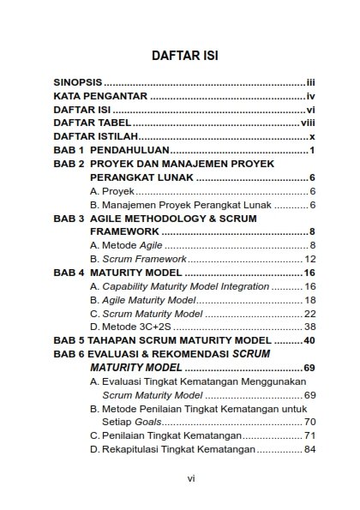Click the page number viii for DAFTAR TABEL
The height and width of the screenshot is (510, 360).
click(x=309, y=124)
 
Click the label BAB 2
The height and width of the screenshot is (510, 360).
click(x=69, y=164)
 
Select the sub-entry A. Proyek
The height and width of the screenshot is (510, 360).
click(x=106, y=190)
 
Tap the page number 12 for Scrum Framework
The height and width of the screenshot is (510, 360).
click(x=311, y=259)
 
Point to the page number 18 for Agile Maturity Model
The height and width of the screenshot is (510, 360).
click(x=311, y=300)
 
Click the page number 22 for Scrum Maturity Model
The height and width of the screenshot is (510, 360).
click(x=311, y=313)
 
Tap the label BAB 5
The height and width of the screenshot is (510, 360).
click(x=69, y=340)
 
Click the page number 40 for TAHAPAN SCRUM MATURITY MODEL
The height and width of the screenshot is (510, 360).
click(x=310, y=340)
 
